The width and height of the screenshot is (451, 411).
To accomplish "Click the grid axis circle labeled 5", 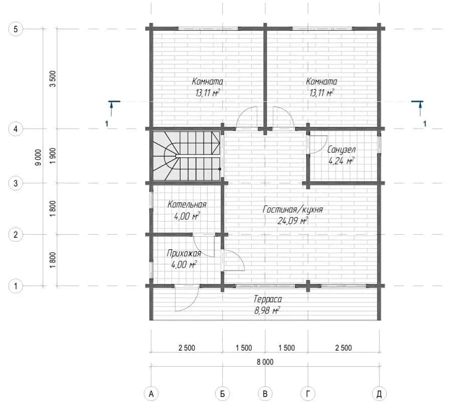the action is [16, 29].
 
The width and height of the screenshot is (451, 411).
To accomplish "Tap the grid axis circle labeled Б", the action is [222, 394].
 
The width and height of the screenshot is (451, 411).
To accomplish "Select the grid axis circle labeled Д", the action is [379, 394].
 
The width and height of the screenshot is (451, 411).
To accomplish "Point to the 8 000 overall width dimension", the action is [265, 362].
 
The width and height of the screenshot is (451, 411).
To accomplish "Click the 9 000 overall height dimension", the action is [38, 157].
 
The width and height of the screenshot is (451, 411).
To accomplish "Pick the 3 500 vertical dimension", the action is [53, 79].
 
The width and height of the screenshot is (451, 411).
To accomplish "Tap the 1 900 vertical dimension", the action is [53, 156].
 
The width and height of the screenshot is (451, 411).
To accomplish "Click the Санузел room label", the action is [342, 150].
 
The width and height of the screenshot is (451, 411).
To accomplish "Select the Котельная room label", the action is [187, 204].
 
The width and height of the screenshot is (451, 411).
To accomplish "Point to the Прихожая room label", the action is [184, 253].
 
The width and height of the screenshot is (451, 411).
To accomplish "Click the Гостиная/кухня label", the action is [292, 210].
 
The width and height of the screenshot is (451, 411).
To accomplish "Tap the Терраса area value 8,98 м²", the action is [267, 311].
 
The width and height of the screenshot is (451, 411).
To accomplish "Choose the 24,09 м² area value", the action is [292, 221].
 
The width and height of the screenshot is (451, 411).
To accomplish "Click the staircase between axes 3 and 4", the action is [187, 156].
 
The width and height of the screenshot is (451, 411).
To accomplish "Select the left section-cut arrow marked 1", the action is [111, 109].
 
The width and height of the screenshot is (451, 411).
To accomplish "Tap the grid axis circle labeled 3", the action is [16, 183].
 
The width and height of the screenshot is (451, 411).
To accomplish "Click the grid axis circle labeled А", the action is [152, 394].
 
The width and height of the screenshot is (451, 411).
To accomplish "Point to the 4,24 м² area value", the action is [341, 161].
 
